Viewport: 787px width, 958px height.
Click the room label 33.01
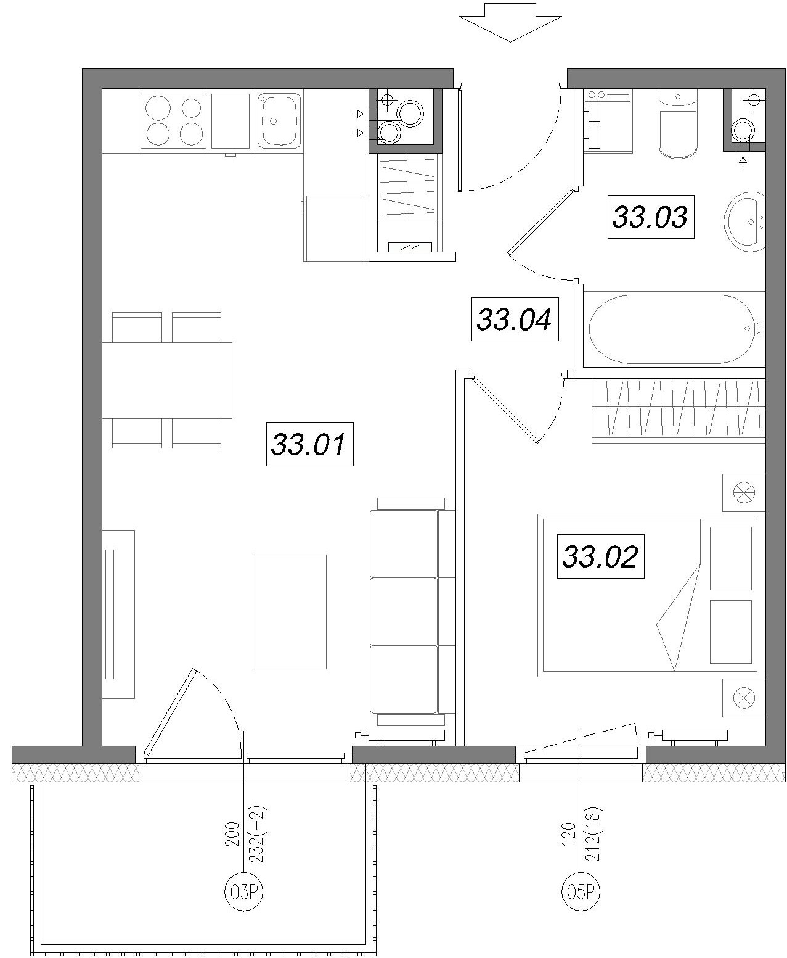(309, 444)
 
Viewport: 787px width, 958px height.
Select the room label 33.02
(600, 556)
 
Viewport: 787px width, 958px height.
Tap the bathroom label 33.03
(651, 217)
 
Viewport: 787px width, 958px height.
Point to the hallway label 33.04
(515, 319)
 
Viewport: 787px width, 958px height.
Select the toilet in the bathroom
(678, 123)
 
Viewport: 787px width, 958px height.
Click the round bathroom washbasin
(745, 221)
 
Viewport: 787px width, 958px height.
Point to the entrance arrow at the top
(511, 22)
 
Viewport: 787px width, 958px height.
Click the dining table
(167, 380)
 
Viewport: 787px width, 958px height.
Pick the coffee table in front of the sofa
(291, 611)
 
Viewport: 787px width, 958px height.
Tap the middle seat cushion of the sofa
(404, 611)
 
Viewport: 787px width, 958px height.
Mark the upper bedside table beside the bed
(744, 493)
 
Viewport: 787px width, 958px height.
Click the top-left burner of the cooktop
(158, 108)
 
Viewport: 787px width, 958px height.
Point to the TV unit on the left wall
(118, 614)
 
